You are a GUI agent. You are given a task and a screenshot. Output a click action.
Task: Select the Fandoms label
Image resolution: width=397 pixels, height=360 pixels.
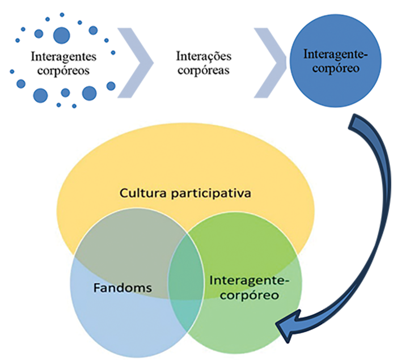pos(122,288)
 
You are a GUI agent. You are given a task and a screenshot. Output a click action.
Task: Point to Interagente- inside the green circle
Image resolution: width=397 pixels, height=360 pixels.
pos(249,280)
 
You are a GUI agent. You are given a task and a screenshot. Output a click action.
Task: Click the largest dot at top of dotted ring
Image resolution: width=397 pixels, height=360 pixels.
pos(62,35)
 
